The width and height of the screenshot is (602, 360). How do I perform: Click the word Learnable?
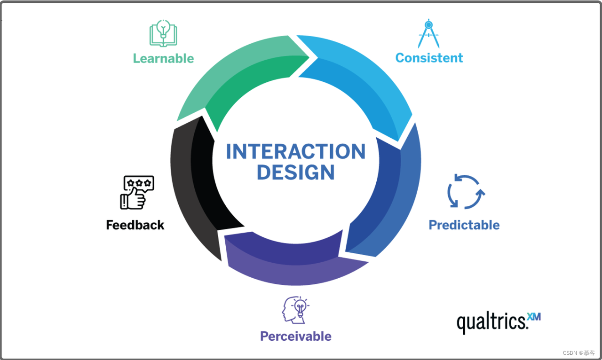[163, 58]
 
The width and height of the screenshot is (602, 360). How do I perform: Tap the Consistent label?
[429, 58]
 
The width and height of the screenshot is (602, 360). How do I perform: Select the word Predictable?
[464, 225]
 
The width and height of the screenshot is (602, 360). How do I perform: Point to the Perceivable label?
[296, 337]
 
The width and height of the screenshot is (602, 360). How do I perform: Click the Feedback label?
[135, 225]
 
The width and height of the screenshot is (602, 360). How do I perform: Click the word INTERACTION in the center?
[295, 152]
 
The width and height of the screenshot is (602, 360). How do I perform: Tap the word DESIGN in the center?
[295, 172]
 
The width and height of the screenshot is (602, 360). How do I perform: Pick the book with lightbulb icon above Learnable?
[163, 33]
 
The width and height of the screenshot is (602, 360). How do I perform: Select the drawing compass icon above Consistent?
[428, 33]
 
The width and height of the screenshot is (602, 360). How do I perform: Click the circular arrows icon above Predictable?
[466, 191]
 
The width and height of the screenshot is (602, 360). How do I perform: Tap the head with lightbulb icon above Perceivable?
[295, 310]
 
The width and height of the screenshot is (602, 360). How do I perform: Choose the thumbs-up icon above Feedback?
[137, 192]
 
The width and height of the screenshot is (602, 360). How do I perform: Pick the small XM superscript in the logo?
[534, 317]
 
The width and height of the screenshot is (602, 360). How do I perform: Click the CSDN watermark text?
[578, 353]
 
